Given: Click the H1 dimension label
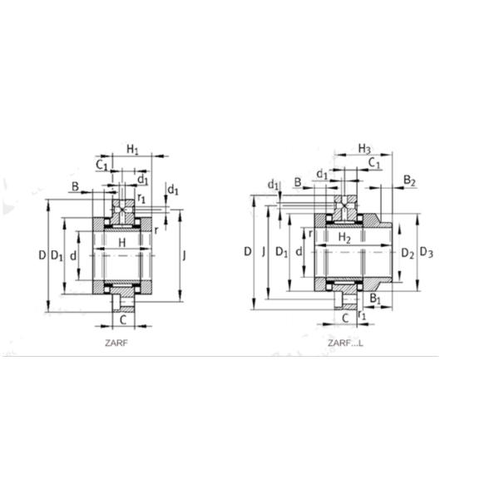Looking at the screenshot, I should (x=133, y=149).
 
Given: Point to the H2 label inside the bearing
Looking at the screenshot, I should (x=345, y=238).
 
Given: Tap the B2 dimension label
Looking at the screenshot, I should (x=409, y=180).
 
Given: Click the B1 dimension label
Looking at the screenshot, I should (x=375, y=299).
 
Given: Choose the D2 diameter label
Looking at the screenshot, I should (x=407, y=252).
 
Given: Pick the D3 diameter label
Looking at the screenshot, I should (x=426, y=252).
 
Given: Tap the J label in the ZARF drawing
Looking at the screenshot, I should (x=184, y=255).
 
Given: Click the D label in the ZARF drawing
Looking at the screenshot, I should (x=42, y=255).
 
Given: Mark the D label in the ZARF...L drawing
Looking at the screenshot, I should (x=247, y=250).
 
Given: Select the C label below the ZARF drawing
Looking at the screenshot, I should (x=122, y=319).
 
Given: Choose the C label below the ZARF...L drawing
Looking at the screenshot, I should (x=344, y=317).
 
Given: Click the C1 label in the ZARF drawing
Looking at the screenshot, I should (x=101, y=166).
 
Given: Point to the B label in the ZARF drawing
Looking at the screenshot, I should (x=75, y=188).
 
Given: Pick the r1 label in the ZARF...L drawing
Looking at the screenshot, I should (x=363, y=314).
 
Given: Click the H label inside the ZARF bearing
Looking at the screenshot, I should (x=122, y=242).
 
